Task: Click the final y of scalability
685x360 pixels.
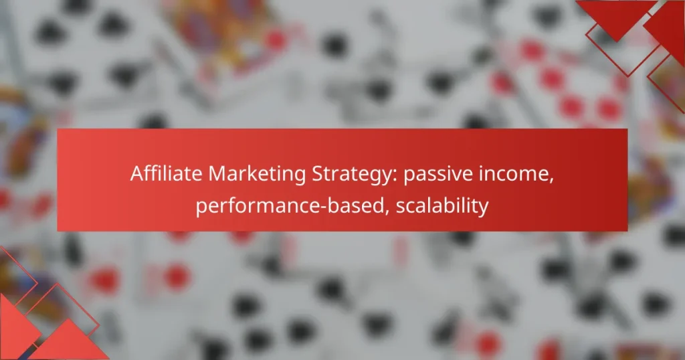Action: (x=482, y=209)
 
